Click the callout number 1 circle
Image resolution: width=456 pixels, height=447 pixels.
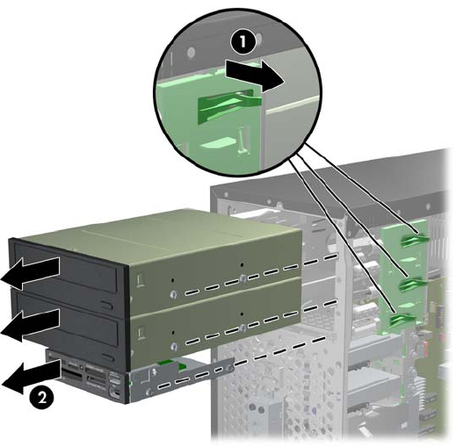coord(242,42)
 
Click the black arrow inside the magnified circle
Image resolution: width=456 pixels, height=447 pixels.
coord(256,76)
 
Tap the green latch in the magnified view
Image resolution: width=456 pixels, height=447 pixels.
coord(229,105)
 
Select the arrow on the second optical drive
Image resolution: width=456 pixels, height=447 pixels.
coord(31,325)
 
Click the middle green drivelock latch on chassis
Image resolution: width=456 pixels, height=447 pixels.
coord(411,285)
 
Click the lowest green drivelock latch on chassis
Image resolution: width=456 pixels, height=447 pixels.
coord(402,321)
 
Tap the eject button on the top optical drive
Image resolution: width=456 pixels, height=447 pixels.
coord(107,306)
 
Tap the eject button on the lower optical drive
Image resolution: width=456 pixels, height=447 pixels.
coord(108,357)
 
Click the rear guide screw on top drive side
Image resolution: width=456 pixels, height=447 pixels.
coord(242,278)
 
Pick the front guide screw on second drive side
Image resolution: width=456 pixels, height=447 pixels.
coord(175,347)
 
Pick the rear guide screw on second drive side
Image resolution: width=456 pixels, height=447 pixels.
coord(242,328)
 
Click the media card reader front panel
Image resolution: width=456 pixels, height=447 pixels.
coord(88,378)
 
